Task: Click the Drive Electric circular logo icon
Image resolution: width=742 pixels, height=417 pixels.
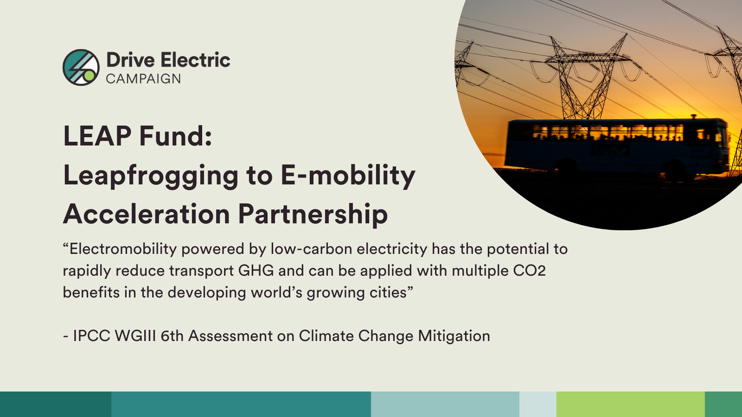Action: pyautogui.click(x=81, y=67)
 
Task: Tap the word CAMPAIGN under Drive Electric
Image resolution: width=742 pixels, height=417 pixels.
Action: pyautogui.click(x=143, y=79)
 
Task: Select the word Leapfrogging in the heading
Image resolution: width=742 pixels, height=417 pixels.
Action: pyautogui.click(x=151, y=177)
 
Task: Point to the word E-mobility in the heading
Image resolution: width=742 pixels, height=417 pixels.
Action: pyautogui.click(x=348, y=176)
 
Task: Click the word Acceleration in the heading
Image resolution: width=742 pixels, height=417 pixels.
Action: pyautogui.click(x=147, y=214)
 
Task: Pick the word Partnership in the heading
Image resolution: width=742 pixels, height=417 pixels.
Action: pyautogui.click(x=313, y=215)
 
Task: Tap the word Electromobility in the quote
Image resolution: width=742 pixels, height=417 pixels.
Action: pyautogui.click(x=123, y=249)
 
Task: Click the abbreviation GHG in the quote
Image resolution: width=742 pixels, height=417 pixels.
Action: pyautogui.click(x=256, y=271)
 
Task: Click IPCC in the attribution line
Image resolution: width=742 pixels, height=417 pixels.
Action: pyautogui.click(x=91, y=336)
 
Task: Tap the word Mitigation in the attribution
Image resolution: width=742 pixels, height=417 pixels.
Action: pyautogui.click(x=454, y=336)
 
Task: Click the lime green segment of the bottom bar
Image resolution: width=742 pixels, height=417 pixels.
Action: pyautogui.click(x=630, y=404)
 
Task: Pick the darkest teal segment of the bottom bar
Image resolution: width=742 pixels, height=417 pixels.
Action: pyautogui.click(x=56, y=404)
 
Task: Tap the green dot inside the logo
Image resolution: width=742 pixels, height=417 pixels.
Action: pyautogui.click(x=89, y=76)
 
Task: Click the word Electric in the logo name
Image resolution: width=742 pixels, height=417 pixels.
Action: pyautogui.click(x=195, y=60)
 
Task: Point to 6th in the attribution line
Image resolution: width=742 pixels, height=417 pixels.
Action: pyautogui.click(x=172, y=336)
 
